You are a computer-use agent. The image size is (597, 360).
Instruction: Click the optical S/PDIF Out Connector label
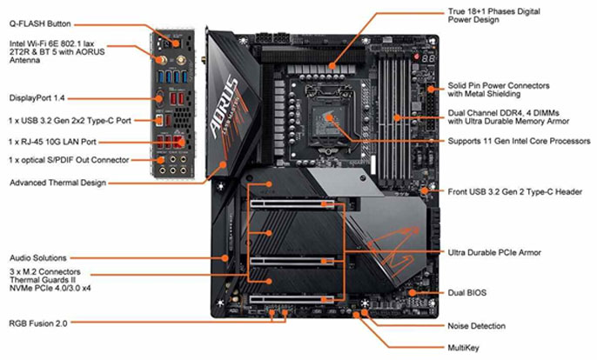pyautogui.click(x=69, y=160)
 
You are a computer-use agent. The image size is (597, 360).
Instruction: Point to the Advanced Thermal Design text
pyautogui.click(x=57, y=183)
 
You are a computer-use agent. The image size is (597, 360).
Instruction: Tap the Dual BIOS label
pyautogui.click(x=469, y=293)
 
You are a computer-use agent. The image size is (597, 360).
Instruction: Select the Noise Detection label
pyautogui.click(x=477, y=326)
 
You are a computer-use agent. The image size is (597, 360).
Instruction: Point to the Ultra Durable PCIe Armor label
pyautogui.click(x=493, y=252)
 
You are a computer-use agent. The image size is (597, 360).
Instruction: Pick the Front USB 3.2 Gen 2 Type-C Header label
pyautogui.click(x=508, y=191)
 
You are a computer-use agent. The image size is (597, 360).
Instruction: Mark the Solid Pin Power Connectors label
pyautogui.click(x=498, y=85)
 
